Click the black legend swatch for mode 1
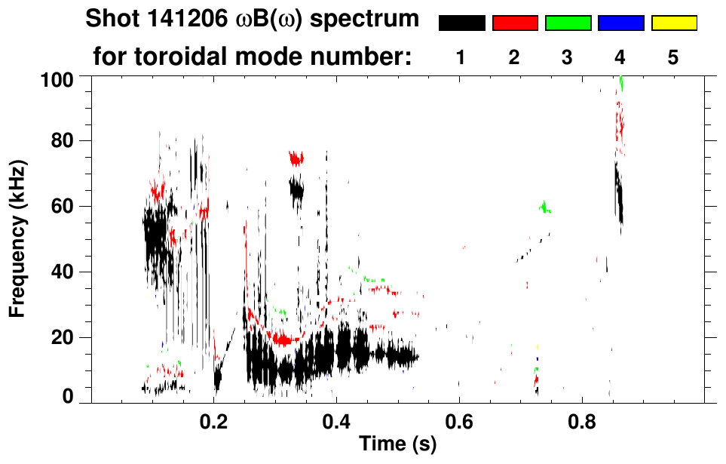(461, 23)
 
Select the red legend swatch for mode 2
(515, 23)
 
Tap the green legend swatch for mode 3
(568, 23)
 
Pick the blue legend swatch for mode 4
(620, 23)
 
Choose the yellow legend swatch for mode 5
(673, 23)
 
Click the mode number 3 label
(568, 57)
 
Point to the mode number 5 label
(673, 57)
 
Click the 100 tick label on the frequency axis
(57, 78)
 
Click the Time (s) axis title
(397, 444)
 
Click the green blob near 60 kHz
(545, 207)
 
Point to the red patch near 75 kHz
(296, 158)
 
